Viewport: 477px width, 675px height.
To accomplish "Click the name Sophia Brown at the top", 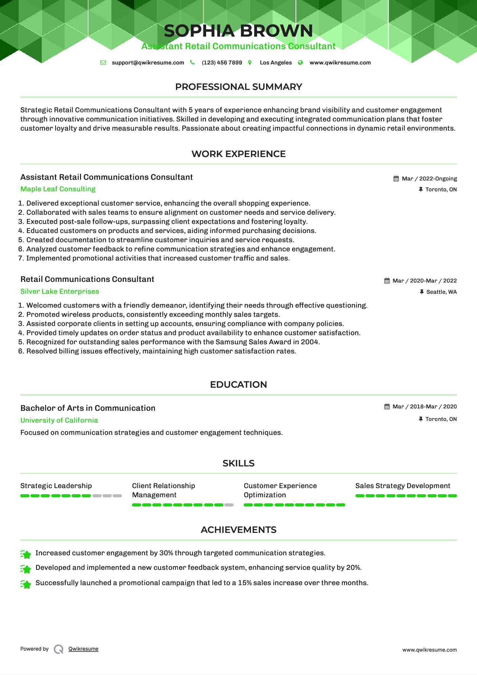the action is [238, 31].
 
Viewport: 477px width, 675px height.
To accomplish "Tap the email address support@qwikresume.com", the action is [148, 63].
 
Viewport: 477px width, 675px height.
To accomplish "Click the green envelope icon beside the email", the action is [103, 63].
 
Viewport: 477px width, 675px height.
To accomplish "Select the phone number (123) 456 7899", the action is [222, 63].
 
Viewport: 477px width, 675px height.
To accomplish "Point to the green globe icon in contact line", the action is [300, 63].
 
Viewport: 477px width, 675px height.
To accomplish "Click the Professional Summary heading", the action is [238, 87].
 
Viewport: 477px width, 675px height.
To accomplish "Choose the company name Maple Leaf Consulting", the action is [58, 189].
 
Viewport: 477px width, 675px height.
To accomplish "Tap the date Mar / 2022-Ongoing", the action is [429, 179].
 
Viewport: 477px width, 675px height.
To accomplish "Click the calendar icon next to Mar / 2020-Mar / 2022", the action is [387, 281].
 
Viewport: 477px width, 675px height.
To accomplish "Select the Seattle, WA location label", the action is [441, 292].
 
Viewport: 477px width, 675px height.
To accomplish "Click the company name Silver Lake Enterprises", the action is [60, 291].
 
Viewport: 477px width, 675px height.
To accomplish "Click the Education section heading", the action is [238, 385].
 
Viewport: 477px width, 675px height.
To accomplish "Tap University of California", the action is [59, 420].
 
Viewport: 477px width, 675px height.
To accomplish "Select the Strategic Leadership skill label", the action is [56, 486].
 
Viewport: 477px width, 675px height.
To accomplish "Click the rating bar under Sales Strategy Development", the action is [406, 496].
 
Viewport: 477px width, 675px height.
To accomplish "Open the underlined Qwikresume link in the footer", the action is [83, 649].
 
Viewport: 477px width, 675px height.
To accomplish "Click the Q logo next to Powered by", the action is [59, 649].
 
